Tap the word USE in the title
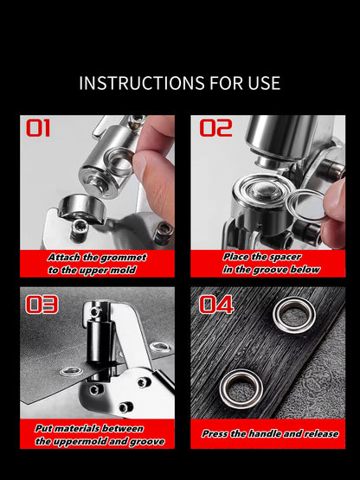pos(261,84)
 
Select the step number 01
pos(38,129)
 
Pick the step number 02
pos(216,129)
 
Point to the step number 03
pos(42,304)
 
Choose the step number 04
pos(217,304)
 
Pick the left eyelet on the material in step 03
pos(71,371)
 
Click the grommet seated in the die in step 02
pos(255,191)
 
